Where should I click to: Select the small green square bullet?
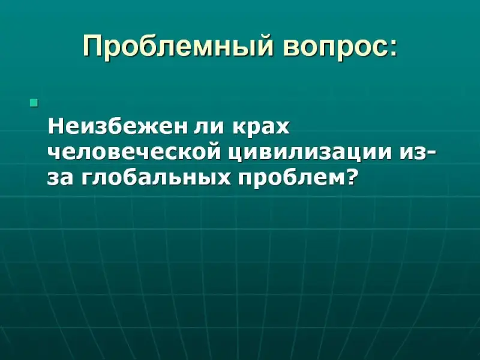click(34, 103)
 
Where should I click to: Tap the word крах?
click(262, 128)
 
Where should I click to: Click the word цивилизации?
click(311, 153)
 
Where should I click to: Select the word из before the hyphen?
click(412, 153)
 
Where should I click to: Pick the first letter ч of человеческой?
click(55, 153)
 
